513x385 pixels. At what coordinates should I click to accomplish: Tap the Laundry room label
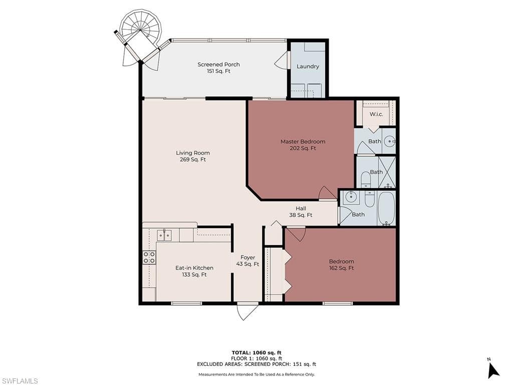[x=308, y=67]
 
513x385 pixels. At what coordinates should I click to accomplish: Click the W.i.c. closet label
[x=376, y=114]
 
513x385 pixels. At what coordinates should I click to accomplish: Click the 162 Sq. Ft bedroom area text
[x=342, y=268]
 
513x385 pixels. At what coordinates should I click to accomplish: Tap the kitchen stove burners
[x=149, y=257]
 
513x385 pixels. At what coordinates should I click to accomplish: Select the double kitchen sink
[x=164, y=235]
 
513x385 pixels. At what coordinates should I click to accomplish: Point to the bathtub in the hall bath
[x=386, y=209]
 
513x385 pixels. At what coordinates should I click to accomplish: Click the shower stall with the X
[x=387, y=172]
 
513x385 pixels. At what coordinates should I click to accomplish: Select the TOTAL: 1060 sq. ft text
[x=256, y=352]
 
